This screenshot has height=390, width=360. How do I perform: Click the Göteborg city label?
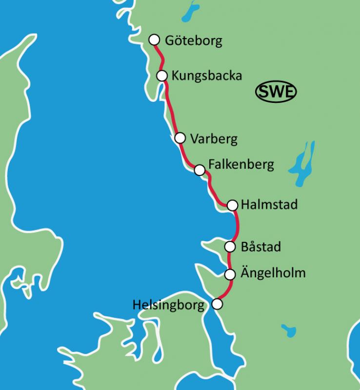coord(193,40)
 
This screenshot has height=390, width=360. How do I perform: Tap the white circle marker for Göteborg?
coord(154,39)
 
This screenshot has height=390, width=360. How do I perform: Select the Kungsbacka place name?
coord(206,76)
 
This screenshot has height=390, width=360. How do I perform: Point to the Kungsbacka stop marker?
coord(162,75)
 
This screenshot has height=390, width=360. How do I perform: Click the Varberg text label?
coord(214,139)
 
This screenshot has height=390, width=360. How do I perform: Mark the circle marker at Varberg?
coord(180,138)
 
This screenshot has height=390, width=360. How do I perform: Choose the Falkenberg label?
coord(241,165)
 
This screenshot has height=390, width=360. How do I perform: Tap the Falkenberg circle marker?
coord(199,170)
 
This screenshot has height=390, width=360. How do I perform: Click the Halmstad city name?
coord(269,205)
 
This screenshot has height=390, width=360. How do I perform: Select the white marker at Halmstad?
coord(232,205)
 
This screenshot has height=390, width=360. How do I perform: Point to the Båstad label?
coord(260,247)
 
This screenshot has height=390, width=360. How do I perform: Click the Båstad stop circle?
coord(230,247)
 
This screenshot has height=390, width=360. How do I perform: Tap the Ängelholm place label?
coord(273,273)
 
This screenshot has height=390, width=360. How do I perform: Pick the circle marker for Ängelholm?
coord(230,274)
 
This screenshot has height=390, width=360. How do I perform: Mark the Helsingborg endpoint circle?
coord(217,304)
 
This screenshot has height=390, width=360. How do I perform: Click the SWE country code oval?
coord(277,91)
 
